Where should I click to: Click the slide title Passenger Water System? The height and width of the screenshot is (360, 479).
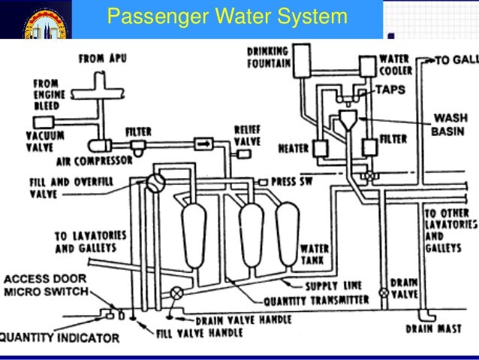[x=227, y=17]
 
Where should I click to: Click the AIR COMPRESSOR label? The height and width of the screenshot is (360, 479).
[x=95, y=160]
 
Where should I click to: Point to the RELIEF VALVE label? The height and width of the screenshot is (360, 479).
[x=247, y=136]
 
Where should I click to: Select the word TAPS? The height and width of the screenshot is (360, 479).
[x=391, y=89]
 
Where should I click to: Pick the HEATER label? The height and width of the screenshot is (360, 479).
[x=294, y=148]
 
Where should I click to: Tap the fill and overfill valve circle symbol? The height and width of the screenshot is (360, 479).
[x=155, y=182]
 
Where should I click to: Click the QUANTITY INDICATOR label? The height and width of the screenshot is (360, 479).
[x=59, y=337]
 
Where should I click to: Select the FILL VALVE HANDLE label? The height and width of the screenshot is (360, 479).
[x=194, y=328]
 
